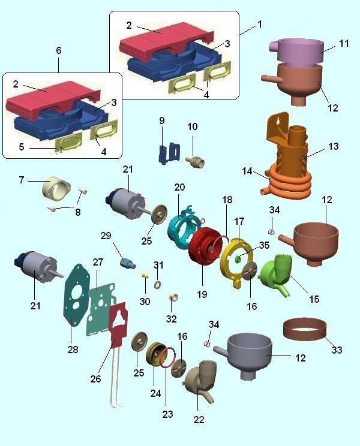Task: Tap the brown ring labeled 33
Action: (305, 329)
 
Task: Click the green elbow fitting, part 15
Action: (275, 275)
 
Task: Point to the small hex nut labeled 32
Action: (173, 297)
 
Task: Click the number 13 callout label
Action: (334, 146)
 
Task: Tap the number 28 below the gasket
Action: (73, 349)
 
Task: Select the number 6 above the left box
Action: (59, 50)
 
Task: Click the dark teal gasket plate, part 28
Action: (76, 294)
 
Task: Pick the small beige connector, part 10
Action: (196, 161)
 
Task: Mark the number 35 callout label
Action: (264, 245)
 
